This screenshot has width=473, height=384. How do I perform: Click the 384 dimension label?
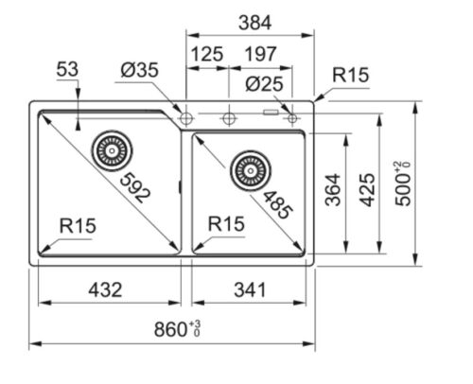[254, 23]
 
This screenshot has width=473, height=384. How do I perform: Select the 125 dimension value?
[207, 54]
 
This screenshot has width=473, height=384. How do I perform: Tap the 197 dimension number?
[261, 54]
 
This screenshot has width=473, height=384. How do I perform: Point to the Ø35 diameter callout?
[139, 70]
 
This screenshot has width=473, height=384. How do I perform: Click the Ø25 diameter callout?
[264, 84]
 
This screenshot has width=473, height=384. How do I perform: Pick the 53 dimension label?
[67, 69]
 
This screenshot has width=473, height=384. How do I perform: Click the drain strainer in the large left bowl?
[112, 150]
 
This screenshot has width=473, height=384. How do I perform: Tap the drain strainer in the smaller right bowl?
[251, 171]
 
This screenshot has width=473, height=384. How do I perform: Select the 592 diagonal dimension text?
[135, 188]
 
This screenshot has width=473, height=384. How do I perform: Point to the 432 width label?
[105, 290]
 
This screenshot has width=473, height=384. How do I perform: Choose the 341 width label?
[250, 290]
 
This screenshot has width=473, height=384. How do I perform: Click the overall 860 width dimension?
[177, 329]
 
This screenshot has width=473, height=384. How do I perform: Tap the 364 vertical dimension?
[333, 190]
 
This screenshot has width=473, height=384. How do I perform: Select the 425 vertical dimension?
[368, 190]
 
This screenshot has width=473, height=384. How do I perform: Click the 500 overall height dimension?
[403, 183]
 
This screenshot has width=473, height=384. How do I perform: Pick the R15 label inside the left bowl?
[78, 226]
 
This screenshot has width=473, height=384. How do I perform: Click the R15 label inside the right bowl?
[226, 224]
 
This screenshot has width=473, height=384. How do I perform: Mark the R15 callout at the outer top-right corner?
[350, 75]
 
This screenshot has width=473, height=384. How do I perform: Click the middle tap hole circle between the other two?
[229, 118]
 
